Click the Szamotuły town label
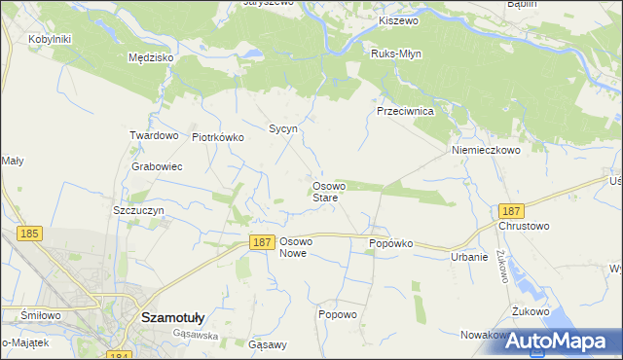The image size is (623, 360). coord(171,316)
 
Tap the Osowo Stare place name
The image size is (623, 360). coord(325,191)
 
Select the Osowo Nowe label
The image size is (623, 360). coord(293,246)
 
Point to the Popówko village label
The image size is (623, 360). coord(391,243)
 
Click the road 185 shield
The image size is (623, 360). coord(28,234)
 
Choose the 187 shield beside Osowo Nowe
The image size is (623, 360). coord(260,242)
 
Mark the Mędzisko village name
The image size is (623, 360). coord(151,57)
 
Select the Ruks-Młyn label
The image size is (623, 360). coord(395,54)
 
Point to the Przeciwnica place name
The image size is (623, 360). coord(404,111)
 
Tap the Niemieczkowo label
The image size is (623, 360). coord(486,151)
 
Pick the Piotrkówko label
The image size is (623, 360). coord(217,137)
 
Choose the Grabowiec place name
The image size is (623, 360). coord(157,166)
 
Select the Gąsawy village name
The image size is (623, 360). coord(268,344)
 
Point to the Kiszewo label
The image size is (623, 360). coord(397,20)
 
